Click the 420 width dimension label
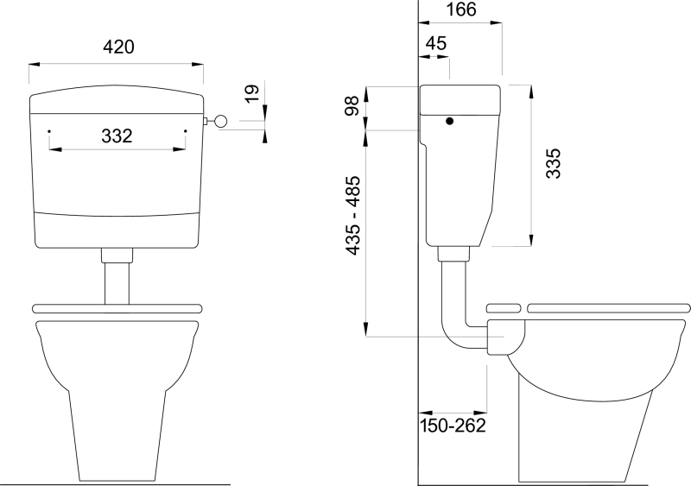click(118, 47)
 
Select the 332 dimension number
click(117, 136)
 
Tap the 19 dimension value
click(252, 94)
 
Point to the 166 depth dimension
click(461, 9)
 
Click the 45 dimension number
click(436, 43)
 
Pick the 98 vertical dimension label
click(352, 106)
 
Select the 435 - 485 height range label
click(353, 216)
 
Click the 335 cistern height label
click(553, 163)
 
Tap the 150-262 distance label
click(453, 426)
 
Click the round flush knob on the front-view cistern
click(220, 121)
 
